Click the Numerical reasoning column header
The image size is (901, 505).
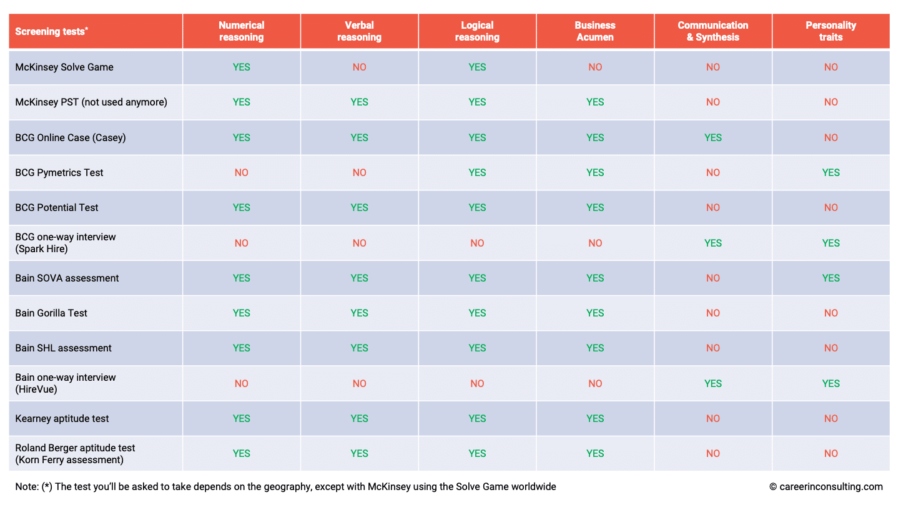point(242,31)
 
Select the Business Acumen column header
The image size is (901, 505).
point(595,31)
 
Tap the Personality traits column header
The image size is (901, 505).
point(830,31)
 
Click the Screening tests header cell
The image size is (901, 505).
point(52,31)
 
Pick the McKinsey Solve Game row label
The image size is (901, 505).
point(64,67)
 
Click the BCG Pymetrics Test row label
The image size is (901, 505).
point(59,173)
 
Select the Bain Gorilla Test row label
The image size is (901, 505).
point(51,313)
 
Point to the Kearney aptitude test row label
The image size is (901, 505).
point(62,419)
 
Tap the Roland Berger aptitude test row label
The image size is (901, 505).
point(75,454)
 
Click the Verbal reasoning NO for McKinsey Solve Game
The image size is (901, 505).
point(360,67)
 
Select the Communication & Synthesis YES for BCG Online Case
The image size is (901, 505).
point(713,138)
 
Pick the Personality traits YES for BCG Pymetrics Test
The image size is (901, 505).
point(830,173)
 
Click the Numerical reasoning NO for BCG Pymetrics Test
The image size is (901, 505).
point(242,173)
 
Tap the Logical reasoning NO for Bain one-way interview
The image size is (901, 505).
point(477,384)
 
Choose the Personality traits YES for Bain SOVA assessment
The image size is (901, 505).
point(830,278)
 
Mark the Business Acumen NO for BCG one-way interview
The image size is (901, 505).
point(595,243)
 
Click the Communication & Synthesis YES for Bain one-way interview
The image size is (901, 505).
point(713,384)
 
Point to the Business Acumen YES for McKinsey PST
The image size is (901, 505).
point(595,102)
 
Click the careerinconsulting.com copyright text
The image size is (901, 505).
point(826,487)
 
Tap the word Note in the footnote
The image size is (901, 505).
point(27,487)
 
